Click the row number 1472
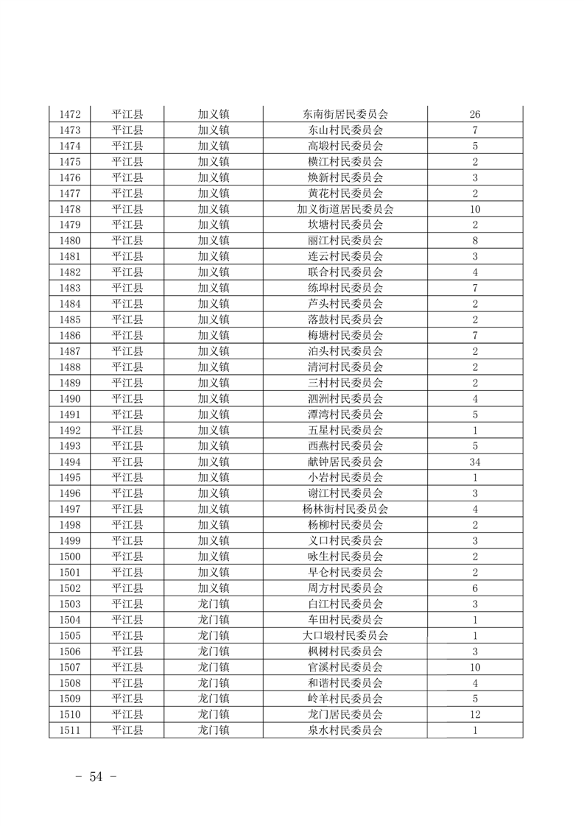coord(69,114)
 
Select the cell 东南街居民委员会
coord(345,114)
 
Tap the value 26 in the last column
coord(475,114)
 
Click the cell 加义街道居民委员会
coord(345,209)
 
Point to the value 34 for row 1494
coord(475,462)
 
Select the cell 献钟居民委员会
coord(345,462)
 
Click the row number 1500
coord(69,557)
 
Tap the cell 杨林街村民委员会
coord(345,509)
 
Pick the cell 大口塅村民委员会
coord(345,636)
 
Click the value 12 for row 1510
coord(475,715)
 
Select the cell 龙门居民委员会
coord(345,715)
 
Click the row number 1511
coord(69,731)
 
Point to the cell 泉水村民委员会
coord(345,731)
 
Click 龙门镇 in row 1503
coord(214,604)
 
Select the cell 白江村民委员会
coord(345,604)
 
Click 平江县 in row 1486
coord(127,336)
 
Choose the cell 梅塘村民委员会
coord(345,336)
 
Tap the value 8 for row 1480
coord(475,241)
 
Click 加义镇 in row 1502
coord(214,589)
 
